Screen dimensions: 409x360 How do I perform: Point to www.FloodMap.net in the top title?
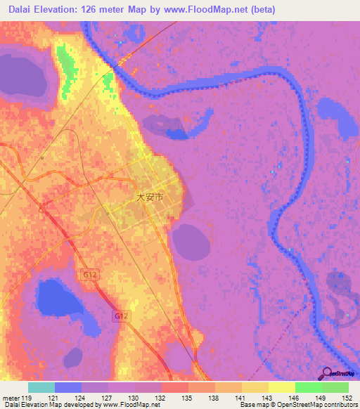(200, 10)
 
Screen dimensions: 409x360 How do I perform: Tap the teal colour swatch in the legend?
(41, 387)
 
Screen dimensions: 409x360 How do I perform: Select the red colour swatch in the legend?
(174, 387)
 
